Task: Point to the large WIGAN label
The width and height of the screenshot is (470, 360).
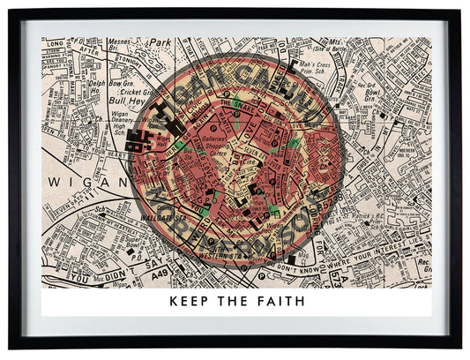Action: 71,181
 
